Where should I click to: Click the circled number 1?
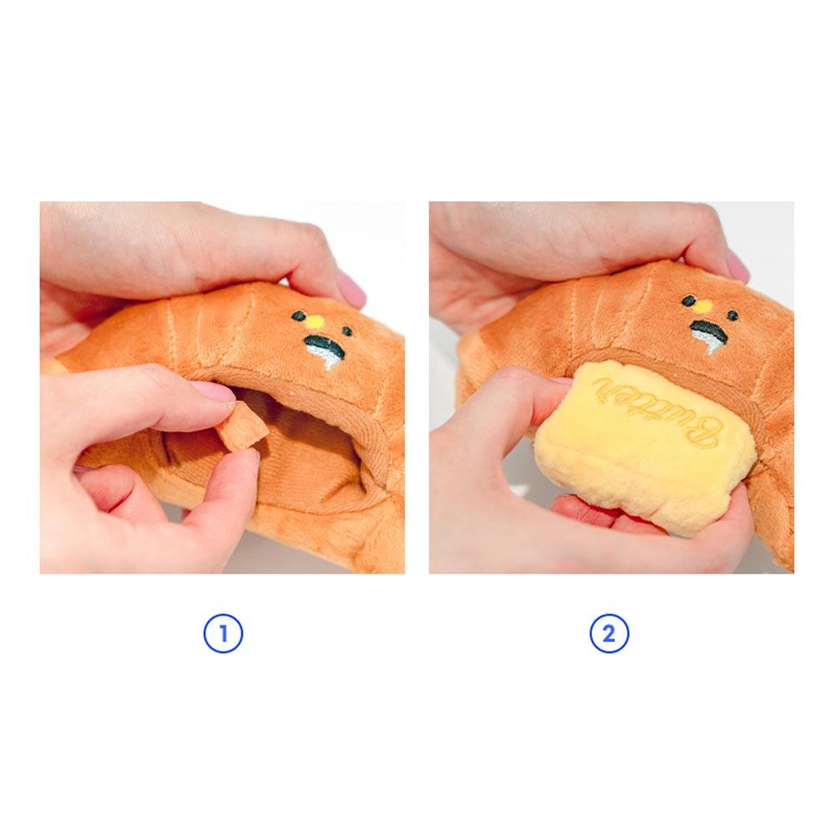(223, 635)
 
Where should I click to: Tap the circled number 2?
(609, 635)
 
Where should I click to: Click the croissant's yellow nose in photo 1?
(312, 320)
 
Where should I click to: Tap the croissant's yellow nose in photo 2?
(702, 306)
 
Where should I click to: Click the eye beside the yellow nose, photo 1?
(297, 316)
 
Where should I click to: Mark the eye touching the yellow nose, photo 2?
(689, 301)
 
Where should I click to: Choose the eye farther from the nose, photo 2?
(731, 315)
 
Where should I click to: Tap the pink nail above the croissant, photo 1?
(352, 288)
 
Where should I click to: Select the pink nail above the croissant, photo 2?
(736, 266)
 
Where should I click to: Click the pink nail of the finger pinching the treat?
(215, 392)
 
